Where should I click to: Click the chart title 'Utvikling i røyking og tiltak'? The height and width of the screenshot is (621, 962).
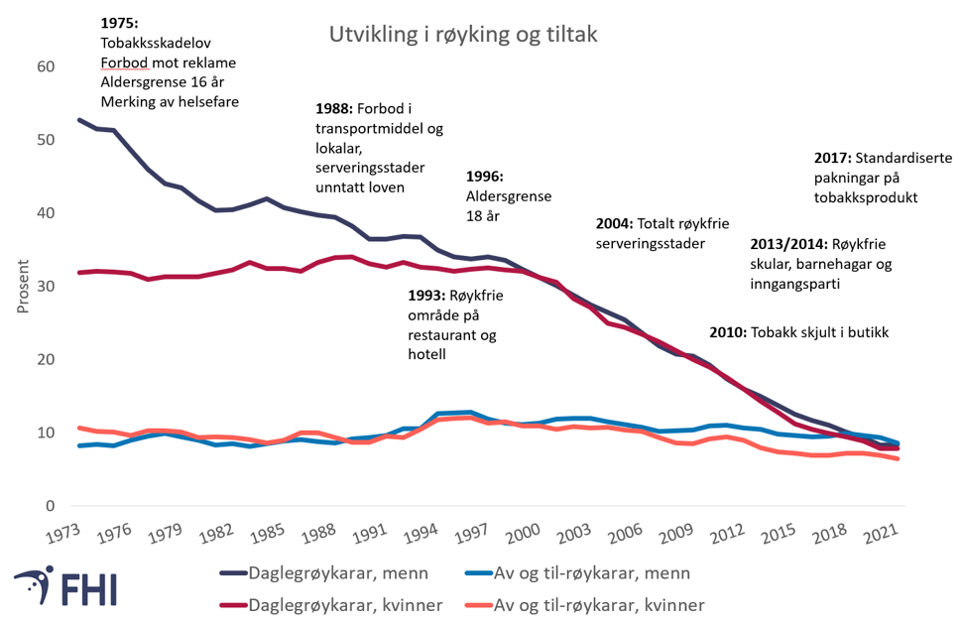(463, 35)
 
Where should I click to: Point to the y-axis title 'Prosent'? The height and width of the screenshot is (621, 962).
(23, 287)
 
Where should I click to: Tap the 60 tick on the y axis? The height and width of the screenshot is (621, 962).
(46, 66)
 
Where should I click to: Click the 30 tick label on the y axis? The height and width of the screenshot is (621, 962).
(46, 286)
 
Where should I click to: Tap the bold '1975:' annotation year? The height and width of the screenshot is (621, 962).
(121, 23)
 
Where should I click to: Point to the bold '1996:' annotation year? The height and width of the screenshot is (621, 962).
(485, 177)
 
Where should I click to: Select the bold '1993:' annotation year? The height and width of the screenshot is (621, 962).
(426, 295)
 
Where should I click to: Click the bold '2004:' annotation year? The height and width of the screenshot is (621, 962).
(615, 223)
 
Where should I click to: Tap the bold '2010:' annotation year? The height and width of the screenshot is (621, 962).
(729, 332)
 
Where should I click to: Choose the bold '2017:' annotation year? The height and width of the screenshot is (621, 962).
(834, 158)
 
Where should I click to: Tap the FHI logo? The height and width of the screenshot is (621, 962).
(65, 586)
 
